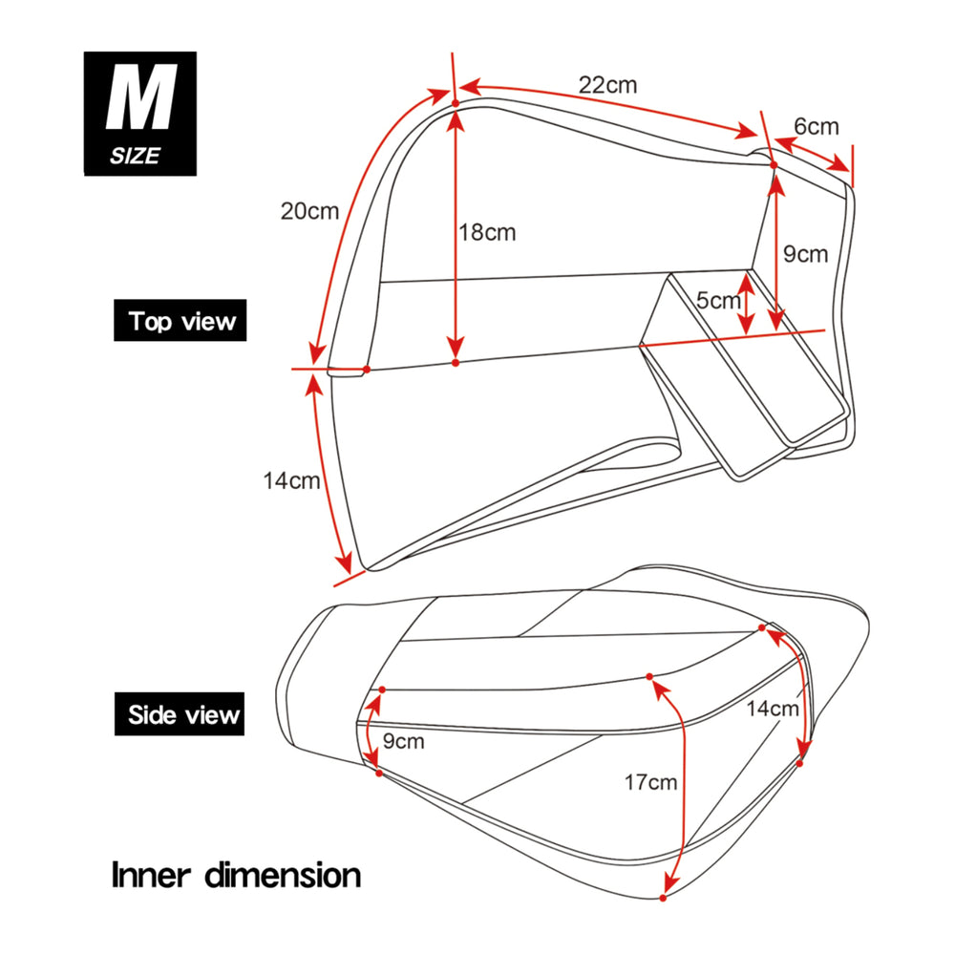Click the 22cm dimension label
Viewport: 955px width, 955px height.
607,84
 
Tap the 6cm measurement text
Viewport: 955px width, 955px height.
816,126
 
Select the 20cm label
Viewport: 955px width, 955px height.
309,211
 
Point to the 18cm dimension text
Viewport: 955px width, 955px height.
487,232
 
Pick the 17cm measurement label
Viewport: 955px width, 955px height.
650,783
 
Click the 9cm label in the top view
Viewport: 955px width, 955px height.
805,254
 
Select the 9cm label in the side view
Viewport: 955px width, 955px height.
404,741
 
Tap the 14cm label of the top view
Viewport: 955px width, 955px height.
291,480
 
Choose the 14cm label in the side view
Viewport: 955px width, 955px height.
773,709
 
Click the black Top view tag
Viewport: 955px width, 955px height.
181,321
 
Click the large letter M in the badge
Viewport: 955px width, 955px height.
140,100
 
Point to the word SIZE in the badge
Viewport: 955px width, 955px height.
135,157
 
